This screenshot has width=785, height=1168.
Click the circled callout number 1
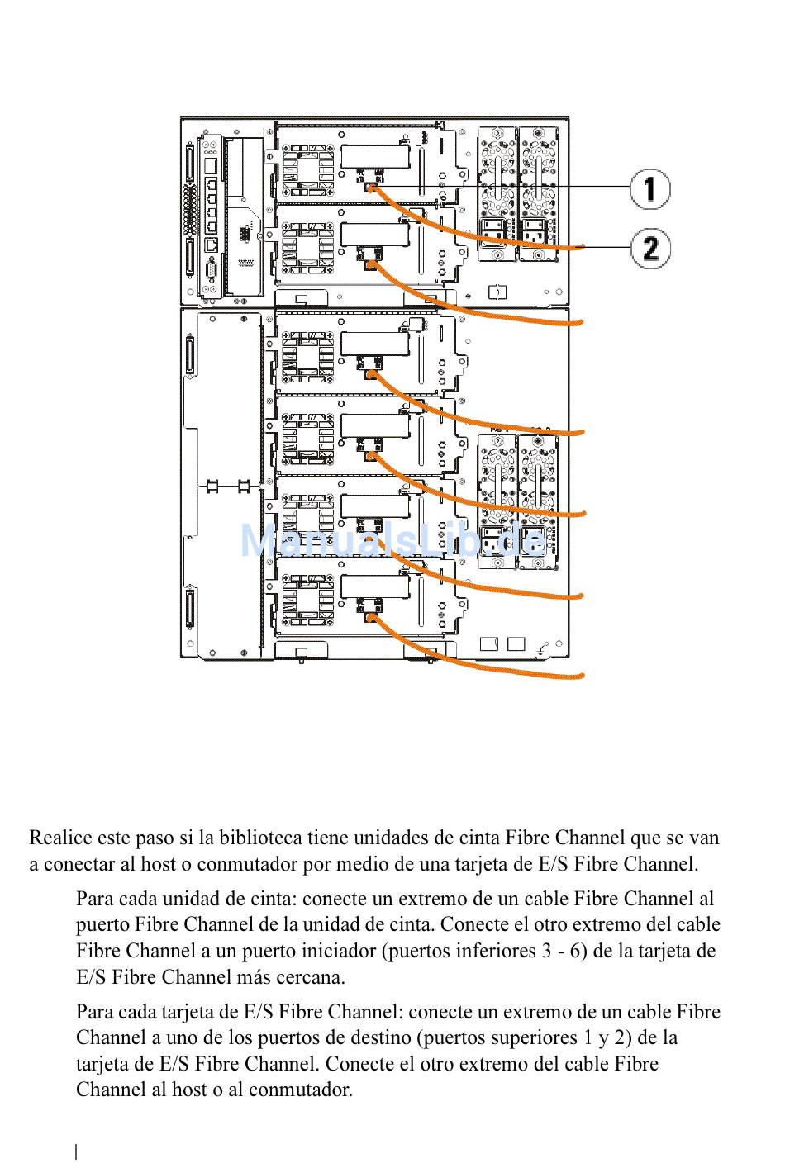650,189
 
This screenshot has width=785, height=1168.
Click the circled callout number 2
650,248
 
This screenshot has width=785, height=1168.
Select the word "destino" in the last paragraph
380,1037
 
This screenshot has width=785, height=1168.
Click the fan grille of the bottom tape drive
307,600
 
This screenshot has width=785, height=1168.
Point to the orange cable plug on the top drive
371,188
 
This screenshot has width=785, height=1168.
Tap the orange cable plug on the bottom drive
371,618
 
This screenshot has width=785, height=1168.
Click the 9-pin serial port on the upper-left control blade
212,271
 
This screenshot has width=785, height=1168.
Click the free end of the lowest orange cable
582,677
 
